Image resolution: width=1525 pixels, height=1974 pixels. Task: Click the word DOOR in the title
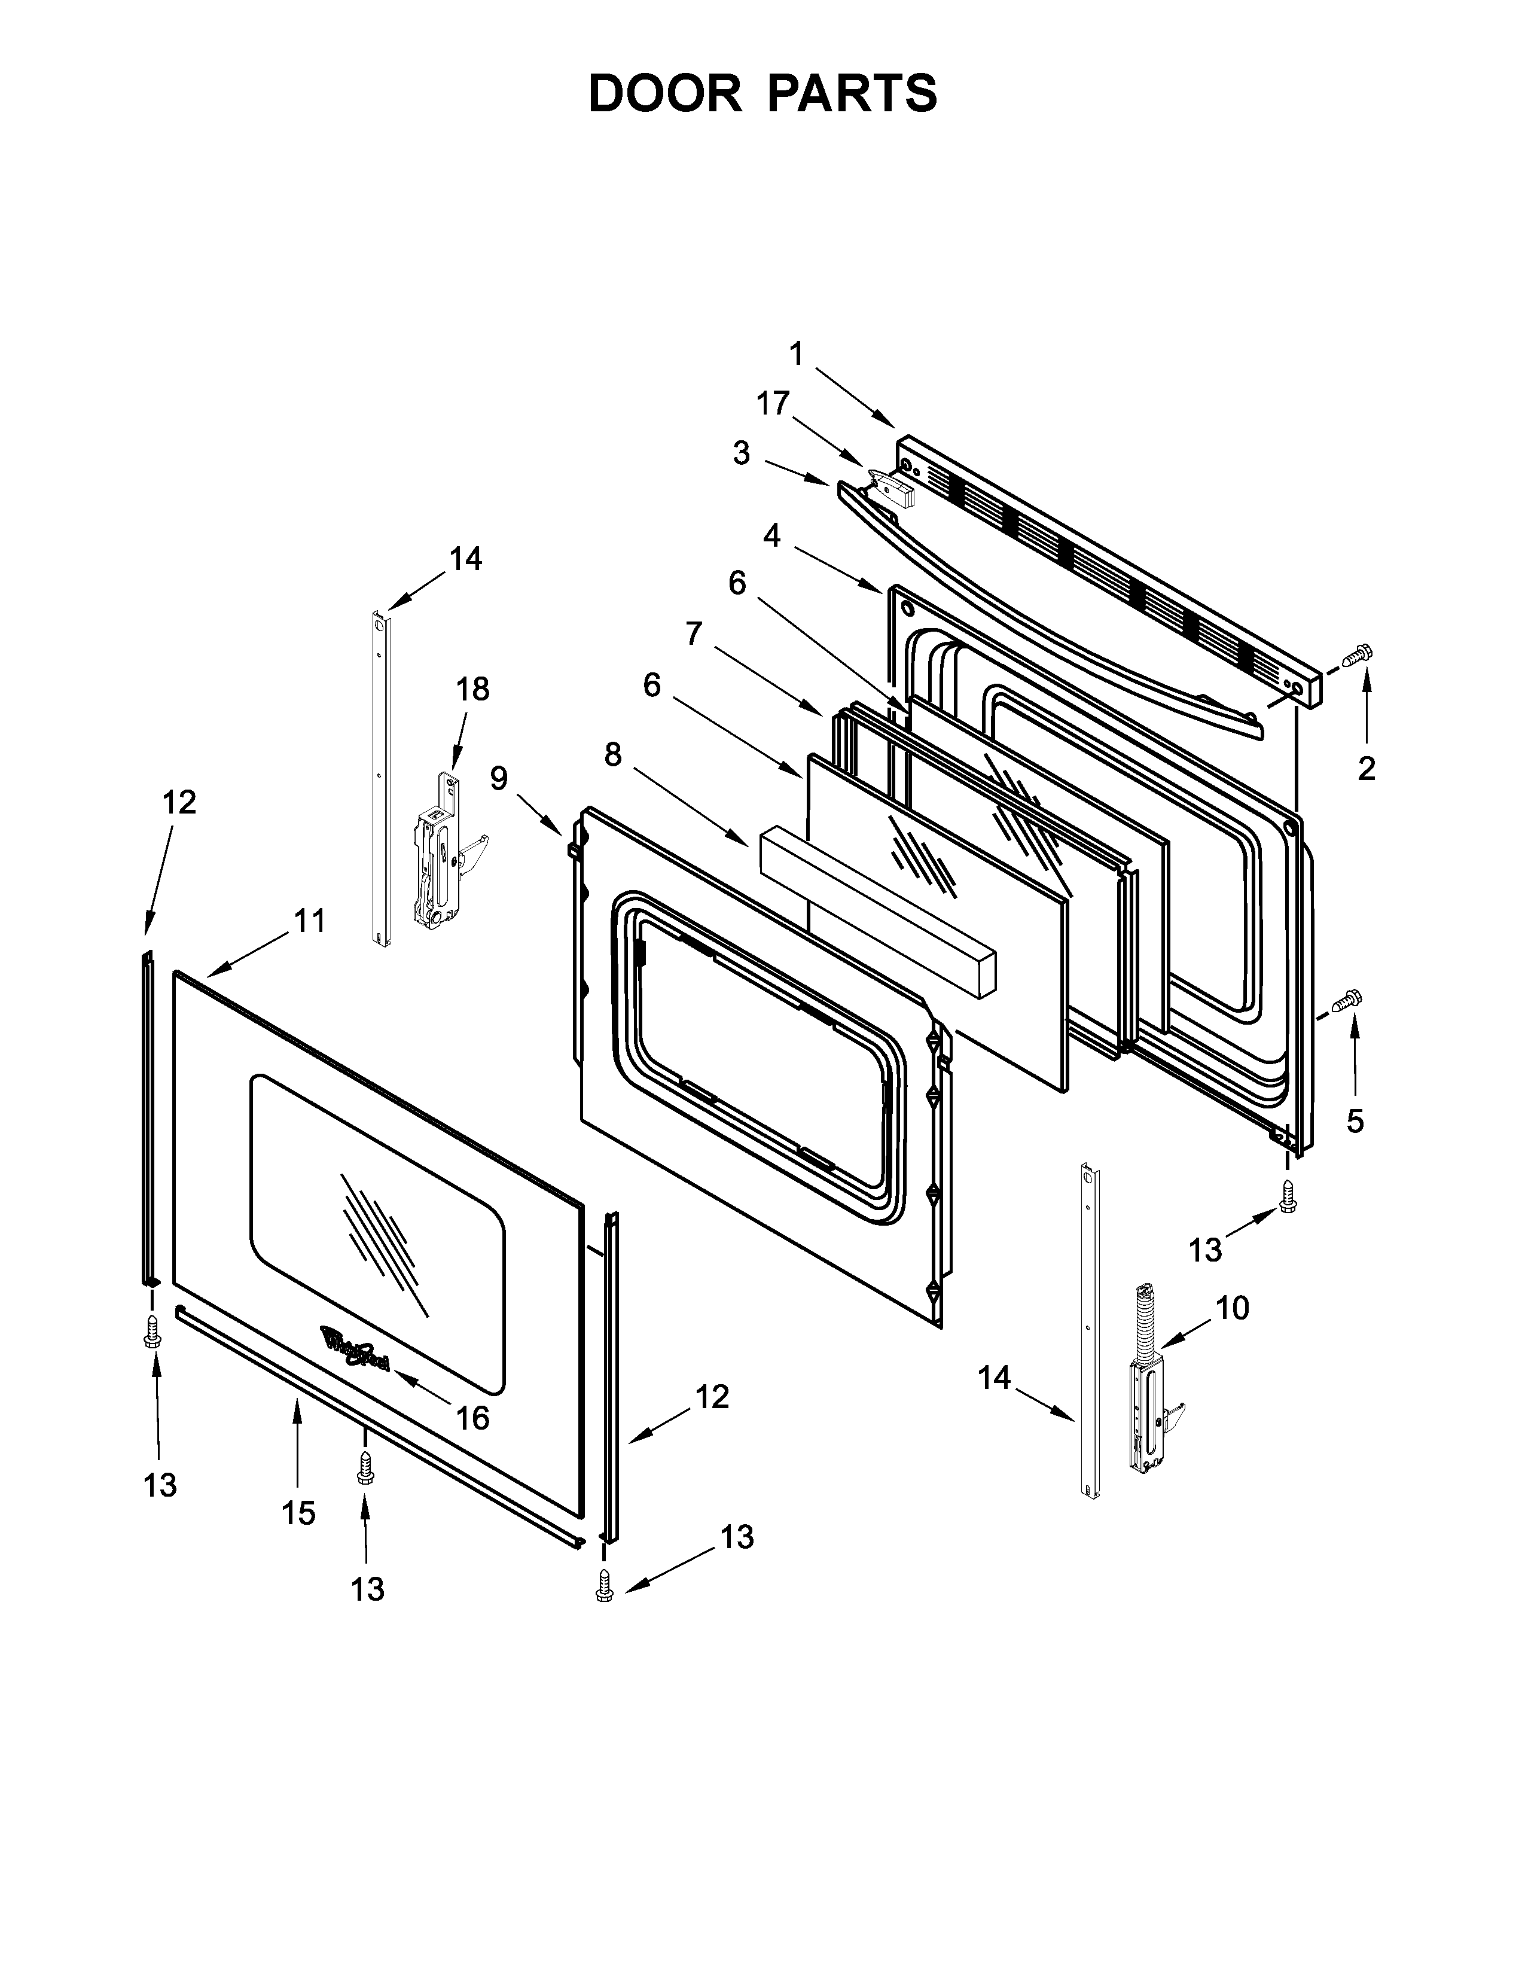click(664, 93)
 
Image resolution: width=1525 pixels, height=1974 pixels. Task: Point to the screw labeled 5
click(1347, 1001)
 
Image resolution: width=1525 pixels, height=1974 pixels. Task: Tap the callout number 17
click(773, 403)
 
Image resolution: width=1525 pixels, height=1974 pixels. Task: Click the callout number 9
click(499, 778)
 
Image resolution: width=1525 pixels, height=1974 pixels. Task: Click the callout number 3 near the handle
click(741, 453)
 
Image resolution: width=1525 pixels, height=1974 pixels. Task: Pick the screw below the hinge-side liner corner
click(1286, 1197)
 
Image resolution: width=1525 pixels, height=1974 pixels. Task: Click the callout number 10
click(1233, 1307)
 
